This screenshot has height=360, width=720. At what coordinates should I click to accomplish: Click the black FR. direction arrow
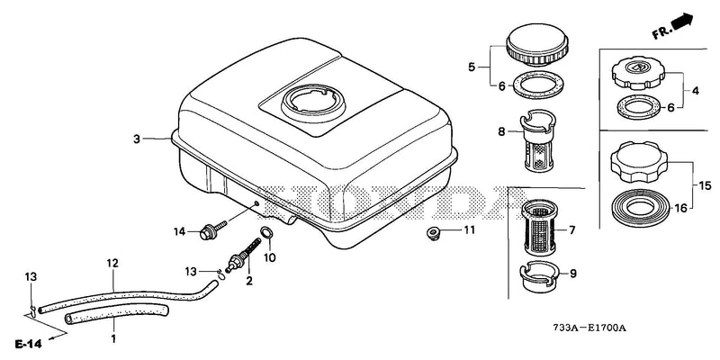tap(683, 21)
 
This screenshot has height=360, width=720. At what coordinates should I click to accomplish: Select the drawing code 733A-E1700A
tap(589, 328)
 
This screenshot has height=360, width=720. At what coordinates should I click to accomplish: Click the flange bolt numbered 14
tap(213, 229)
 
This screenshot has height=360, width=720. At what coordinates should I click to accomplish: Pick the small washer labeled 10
tap(266, 232)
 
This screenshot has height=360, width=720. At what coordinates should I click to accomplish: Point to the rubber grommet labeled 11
tap(432, 232)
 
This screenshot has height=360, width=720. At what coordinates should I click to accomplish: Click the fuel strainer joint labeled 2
tap(242, 258)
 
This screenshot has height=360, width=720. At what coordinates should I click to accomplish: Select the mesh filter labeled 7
tap(539, 228)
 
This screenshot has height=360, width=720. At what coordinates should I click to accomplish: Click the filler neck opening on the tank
tap(311, 102)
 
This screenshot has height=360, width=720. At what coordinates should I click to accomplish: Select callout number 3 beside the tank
tap(137, 139)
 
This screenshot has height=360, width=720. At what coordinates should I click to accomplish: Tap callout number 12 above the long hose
tap(112, 263)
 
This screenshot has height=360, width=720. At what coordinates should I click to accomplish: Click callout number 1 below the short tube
tap(113, 339)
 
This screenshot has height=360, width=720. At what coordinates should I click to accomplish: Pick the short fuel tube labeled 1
tap(115, 314)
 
